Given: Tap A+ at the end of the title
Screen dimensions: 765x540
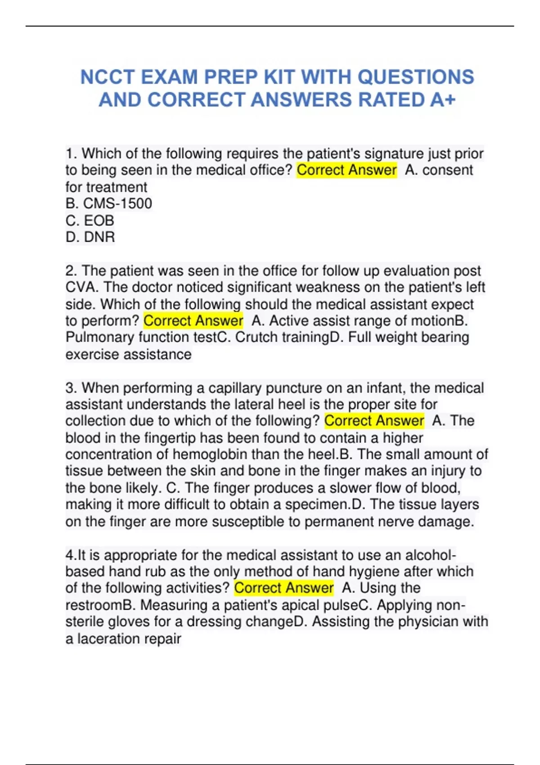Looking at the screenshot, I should tap(443, 100).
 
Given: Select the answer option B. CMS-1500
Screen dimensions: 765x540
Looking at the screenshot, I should tap(108, 203).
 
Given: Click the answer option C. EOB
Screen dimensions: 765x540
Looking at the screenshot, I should tap(90, 220).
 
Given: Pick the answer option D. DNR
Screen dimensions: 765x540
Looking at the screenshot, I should tap(90, 237).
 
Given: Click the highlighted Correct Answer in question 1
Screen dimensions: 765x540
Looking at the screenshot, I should tap(346, 170).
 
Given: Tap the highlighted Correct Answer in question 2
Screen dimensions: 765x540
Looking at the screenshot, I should tap(193, 321).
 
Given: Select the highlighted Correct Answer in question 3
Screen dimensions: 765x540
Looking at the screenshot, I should tap(374, 421).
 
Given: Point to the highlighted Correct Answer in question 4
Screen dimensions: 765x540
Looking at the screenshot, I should tap(283, 588).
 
